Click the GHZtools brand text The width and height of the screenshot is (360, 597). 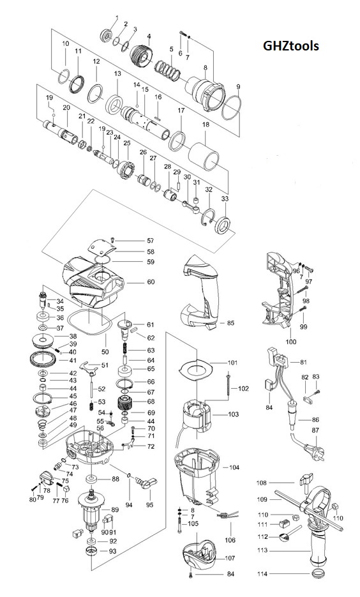[x=290, y=46]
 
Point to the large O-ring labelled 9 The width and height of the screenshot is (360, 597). [x=232, y=108]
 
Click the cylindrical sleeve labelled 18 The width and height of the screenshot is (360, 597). [x=204, y=156]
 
